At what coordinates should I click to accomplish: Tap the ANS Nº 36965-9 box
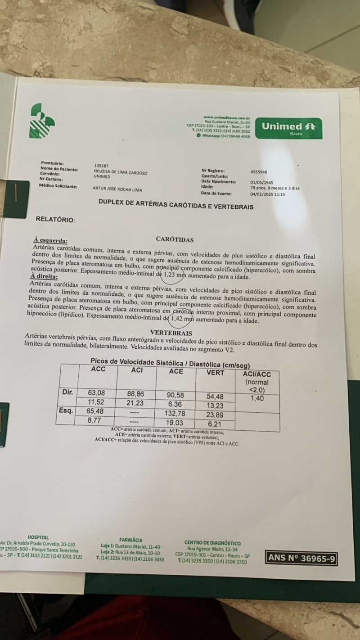point(301,558)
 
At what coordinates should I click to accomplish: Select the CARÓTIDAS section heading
point(175,239)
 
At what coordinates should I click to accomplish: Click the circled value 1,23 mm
point(174,273)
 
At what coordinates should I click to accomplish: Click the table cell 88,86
point(137,393)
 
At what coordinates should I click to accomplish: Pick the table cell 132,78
point(176,413)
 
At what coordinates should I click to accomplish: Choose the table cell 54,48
point(215,396)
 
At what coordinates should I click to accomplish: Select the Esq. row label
point(67,410)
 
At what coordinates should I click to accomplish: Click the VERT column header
point(215,372)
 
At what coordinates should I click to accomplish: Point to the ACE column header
point(176,371)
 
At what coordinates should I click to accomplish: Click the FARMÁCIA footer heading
point(131,540)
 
